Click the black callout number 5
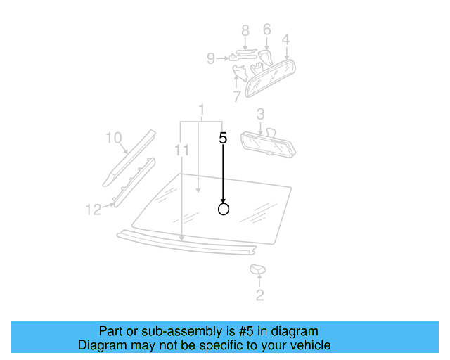223,138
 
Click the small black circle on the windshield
224,209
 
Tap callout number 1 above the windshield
201,110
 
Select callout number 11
182,150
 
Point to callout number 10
113,138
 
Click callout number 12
94,209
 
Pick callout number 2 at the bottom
259,295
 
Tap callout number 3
260,114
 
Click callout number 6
266,30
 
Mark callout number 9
210,59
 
